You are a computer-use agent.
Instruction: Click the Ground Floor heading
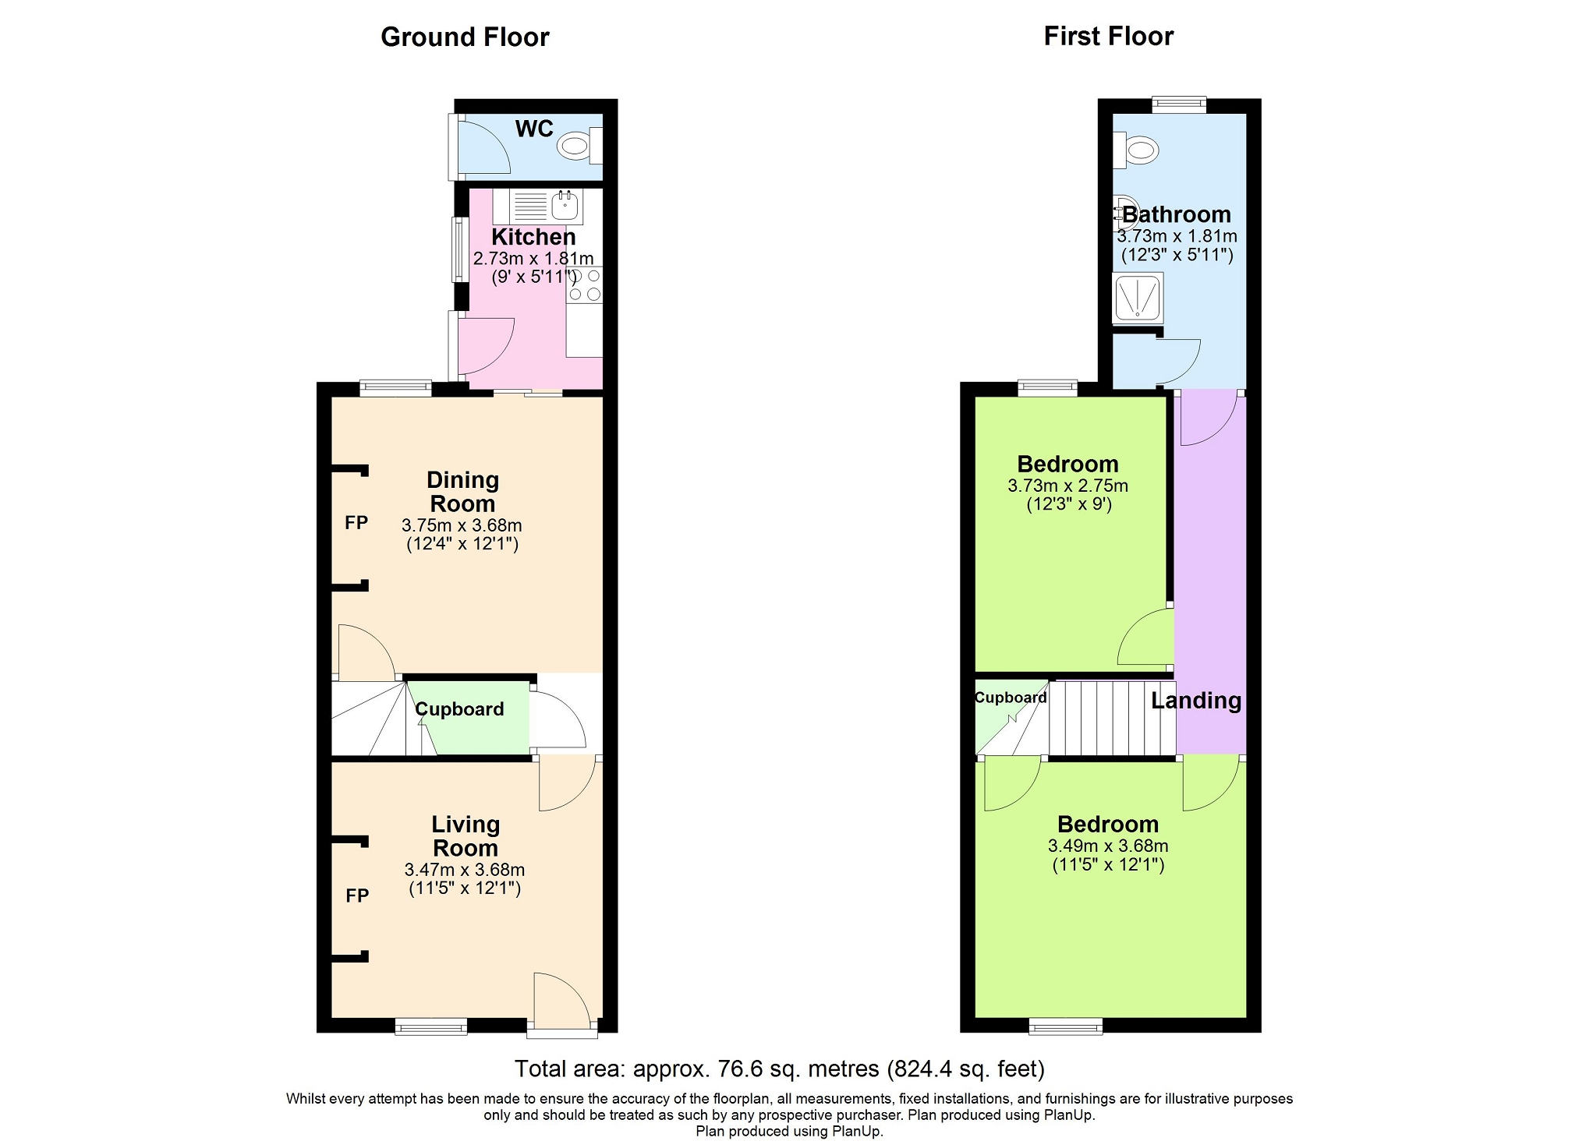(465, 37)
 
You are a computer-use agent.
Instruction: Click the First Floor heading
(1108, 36)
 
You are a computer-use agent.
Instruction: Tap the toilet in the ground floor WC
(582, 146)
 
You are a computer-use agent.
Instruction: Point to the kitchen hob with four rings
(585, 284)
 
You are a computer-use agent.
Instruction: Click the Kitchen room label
(533, 236)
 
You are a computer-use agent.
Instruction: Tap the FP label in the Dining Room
(356, 522)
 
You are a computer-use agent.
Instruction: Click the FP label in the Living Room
(357, 895)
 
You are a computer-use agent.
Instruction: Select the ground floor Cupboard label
(459, 709)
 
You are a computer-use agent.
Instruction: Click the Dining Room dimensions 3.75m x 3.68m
(462, 525)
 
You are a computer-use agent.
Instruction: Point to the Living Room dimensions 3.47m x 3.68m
(465, 870)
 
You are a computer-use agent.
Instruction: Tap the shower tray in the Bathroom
(1138, 298)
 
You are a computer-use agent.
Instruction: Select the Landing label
(1196, 701)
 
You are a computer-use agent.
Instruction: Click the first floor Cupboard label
(1011, 698)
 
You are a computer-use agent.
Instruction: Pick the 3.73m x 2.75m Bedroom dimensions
(1067, 486)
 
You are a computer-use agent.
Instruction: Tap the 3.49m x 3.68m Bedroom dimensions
(1108, 846)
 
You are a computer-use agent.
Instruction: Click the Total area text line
(780, 1069)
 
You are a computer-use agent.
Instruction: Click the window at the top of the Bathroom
(1179, 104)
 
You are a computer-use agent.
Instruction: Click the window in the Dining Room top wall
(395, 388)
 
